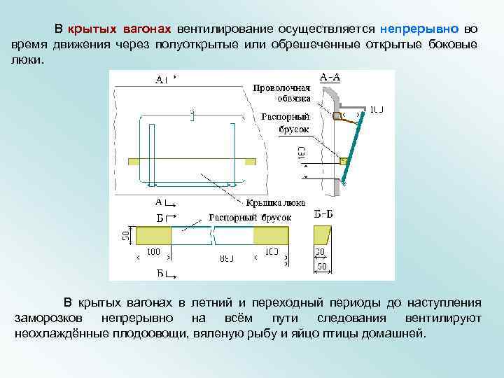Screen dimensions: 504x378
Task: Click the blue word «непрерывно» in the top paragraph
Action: click(x=419, y=29)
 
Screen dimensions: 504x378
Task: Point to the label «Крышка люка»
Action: click(x=275, y=203)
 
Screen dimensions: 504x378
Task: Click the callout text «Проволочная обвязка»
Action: click(x=281, y=93)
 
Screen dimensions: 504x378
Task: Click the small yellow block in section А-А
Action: click(x=343, y=161)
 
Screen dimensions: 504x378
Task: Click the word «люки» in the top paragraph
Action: click(x=26, y=59)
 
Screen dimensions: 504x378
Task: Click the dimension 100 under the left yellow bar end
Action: click(x=153, y=251)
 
